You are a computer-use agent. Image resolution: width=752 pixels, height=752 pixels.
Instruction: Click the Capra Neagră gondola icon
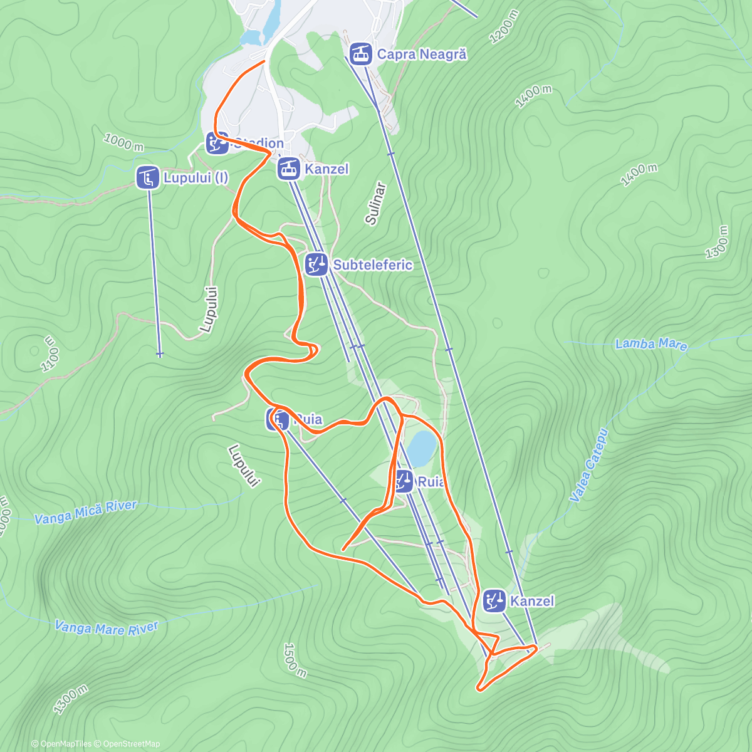pyautogui.click(x=359, y=54)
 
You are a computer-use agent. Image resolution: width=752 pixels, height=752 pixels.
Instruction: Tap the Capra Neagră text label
pyautogui.click(x=422, y=55)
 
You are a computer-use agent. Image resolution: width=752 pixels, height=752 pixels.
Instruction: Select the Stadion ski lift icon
pyautogui.click(x=217, y=143)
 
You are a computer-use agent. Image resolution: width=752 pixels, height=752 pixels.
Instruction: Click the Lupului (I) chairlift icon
pyautogui.click(x=147, y=177)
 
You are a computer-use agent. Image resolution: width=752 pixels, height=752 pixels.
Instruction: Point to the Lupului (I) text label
pyautogui.click(x=196, y=178)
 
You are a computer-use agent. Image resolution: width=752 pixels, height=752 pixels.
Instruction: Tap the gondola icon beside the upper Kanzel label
pyautogui.click(x=289, y=169)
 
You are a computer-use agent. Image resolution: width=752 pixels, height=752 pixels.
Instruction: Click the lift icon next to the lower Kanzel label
pyautogui.click(x=494, y=600)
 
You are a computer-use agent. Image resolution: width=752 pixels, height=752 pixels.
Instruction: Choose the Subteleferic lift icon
pyautogui.click(x=316, y=264)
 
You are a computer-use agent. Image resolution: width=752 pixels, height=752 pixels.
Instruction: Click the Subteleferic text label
pyautogui.click(x=373, y=265)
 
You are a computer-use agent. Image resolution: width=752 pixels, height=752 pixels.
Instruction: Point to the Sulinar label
pyautogui.click(x=375, y=204)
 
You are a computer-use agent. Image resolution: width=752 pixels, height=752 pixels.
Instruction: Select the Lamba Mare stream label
pyautogui.click(x=651, y=344)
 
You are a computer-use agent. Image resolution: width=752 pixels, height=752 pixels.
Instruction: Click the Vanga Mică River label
pyautogui.click(x=85, y=512)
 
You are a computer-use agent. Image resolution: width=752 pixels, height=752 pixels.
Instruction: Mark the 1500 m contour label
pyautogui.click(x=295, y=660)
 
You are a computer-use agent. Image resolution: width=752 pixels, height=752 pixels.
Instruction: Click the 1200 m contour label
pyautogui.click(x=504, y=27)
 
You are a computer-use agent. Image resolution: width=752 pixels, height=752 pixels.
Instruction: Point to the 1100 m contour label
pyautogui.click(x=51, y=354)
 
